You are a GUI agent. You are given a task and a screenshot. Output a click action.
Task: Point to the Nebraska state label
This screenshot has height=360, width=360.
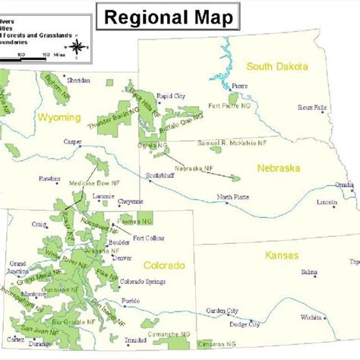[x=279, y=167]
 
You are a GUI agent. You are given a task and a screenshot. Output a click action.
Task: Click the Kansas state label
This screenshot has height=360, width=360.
[x=282, y=255]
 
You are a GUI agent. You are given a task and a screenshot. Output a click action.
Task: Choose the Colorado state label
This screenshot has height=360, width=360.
[x=163, y=266]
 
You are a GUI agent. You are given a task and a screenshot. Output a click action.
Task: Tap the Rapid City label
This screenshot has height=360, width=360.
[x=170, y=96]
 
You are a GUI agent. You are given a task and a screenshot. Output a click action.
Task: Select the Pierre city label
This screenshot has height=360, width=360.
[x=239, y=85]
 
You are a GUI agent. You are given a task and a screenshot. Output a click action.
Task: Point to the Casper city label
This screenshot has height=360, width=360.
[x=73, y=141]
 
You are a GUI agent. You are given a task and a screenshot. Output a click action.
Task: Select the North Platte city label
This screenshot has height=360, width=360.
[x=232, y=197]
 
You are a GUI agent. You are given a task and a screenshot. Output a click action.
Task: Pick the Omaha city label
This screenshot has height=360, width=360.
[x=344, y=185]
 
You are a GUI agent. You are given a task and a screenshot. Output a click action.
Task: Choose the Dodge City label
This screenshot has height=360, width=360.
[x=245, y=324]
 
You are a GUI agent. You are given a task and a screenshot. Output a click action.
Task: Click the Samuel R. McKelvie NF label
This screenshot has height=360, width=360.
[x=232, y=142]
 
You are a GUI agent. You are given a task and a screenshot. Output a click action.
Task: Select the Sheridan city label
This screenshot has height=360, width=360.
[x=78, y=80]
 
